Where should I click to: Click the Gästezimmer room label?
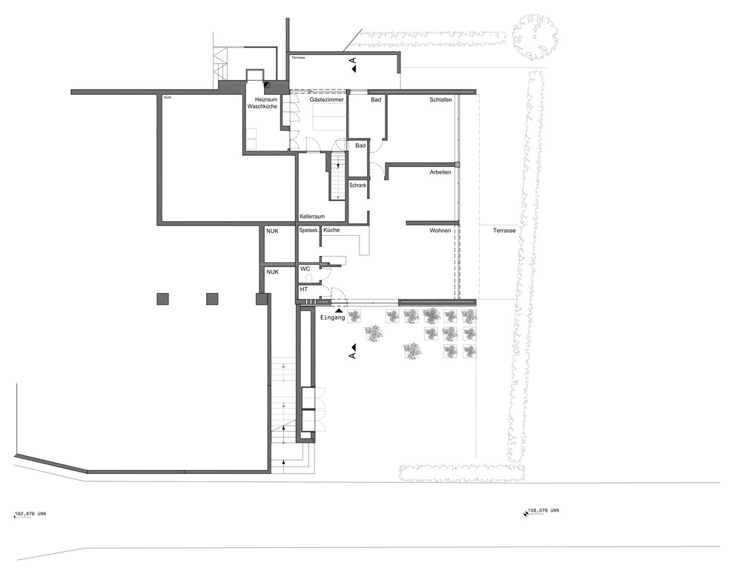(327, 99)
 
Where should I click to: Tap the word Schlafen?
(440, 99)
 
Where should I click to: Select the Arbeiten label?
(440, 172)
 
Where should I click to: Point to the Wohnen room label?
(440, 231)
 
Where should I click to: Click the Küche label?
(331, 230)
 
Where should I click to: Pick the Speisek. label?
(309, 231)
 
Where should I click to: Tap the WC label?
(305, 268)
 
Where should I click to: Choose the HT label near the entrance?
(304, 289)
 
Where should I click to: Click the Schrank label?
(358, 185)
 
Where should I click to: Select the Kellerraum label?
(312, 217)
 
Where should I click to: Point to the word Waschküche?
(262, 106)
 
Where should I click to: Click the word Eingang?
(332, 317)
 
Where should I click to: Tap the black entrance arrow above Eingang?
(339, 309)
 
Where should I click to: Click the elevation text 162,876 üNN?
(31, 514)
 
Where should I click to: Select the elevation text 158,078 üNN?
(543, 511)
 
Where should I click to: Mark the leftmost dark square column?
(162, 299)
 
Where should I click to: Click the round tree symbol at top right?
(535, 36)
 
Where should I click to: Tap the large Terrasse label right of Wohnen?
(504, 231)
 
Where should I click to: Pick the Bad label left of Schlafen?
(376, 99)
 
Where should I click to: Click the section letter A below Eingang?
(352, 356)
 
